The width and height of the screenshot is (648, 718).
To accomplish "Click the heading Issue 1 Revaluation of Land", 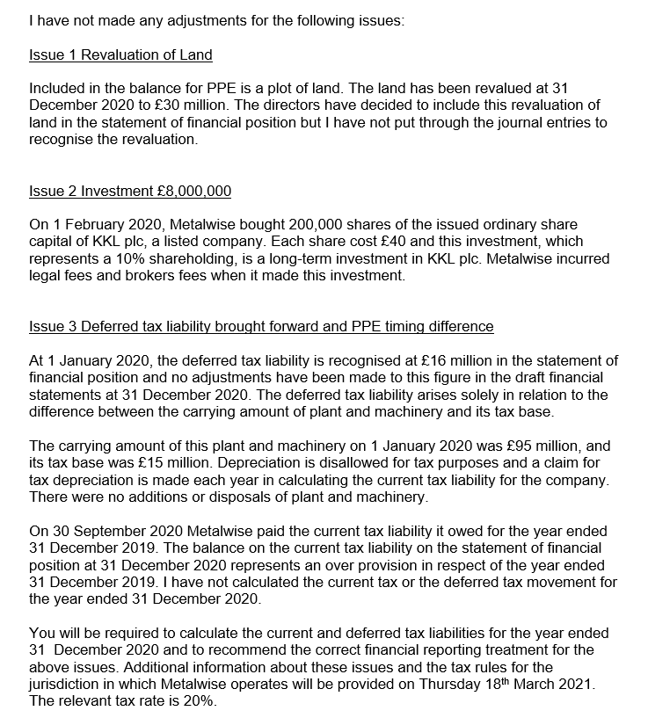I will [120, 55].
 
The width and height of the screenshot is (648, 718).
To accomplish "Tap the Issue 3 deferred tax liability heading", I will [261, 327].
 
